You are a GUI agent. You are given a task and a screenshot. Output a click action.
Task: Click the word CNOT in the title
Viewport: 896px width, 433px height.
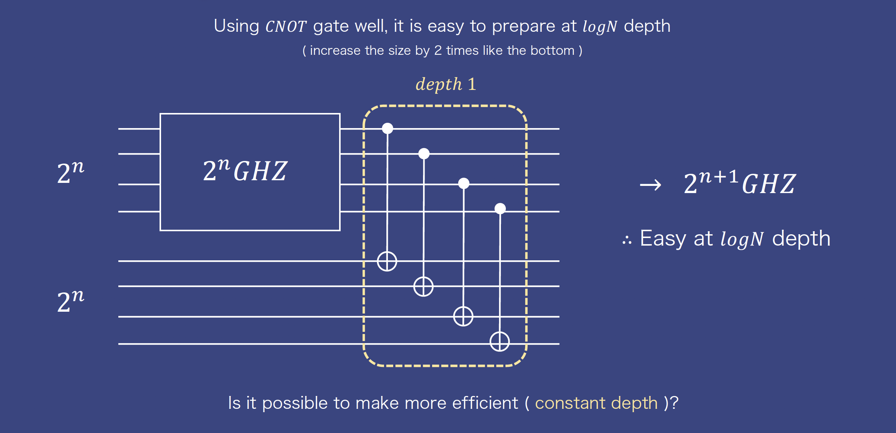click(286, 27)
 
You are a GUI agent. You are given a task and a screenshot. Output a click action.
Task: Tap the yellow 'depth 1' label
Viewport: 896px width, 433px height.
click(446, 84)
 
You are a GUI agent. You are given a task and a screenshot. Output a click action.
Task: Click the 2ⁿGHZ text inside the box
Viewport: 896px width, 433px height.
click(245, 170)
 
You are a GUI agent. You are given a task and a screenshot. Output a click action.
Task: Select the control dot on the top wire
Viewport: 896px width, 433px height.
click(388, 128)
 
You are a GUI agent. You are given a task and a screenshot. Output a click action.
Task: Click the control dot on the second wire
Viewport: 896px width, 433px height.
click(424, 153)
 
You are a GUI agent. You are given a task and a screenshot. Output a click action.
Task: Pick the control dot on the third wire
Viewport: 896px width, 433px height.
click(464, 183)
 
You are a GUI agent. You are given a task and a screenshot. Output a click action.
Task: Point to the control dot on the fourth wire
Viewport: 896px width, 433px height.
click(500, 208)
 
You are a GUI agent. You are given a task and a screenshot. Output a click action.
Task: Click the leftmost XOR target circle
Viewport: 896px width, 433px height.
click(387, 261)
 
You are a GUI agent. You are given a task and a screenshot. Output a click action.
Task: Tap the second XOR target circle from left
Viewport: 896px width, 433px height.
click(423, 286)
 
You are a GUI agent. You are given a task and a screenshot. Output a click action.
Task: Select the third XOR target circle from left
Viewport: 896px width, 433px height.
click(463, 316)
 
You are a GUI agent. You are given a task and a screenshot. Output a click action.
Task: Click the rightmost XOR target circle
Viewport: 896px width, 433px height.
click(500, 342)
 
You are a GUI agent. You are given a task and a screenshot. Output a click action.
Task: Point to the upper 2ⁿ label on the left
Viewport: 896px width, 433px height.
click(71, 172)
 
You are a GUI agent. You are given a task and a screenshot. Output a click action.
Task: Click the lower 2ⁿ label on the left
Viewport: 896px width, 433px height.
click(71, 301)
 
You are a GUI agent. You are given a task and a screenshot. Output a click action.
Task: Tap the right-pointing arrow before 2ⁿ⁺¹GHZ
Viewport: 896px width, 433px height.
click(651, 185)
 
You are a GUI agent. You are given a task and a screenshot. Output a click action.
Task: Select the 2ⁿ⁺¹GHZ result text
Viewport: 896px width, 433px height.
click(740, 182)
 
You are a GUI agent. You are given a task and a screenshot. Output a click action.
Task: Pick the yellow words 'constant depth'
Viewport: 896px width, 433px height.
click(596, 403)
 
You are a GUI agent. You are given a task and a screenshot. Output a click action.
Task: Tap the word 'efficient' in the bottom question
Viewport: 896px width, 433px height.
click(485, 403)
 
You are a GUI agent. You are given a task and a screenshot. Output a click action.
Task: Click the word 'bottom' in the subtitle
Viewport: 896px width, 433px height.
click(552, 51)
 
